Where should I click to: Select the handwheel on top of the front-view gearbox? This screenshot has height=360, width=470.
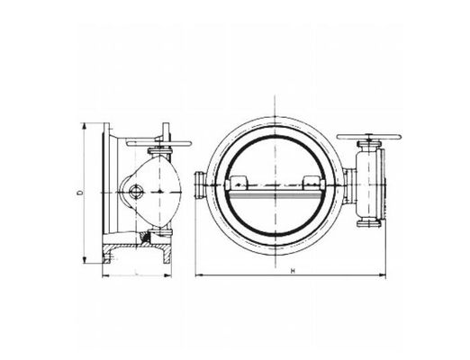[368, 142]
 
